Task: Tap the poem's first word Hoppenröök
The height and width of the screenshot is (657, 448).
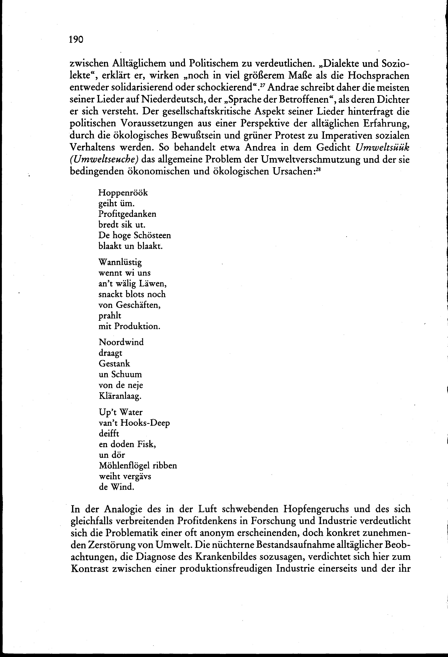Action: [x=123, y=193]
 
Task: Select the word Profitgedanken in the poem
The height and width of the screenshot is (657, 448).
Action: [x=127, y=214]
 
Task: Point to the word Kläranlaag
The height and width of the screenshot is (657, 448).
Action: [x=120, y=396]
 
